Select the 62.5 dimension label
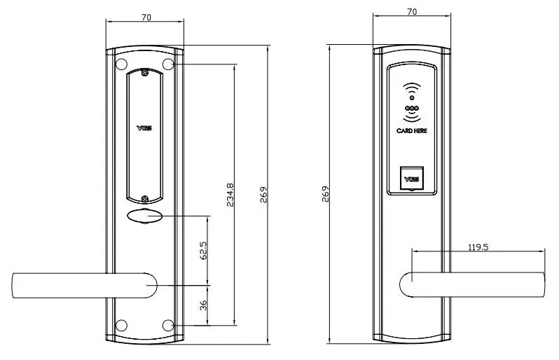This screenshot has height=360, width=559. (203, 251)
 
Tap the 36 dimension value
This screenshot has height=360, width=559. (203, 305)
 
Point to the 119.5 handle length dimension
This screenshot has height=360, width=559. (478, 247)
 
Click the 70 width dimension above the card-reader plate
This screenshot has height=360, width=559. (412, 11)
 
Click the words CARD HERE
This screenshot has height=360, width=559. (412, 130)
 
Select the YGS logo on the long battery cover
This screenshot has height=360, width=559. (145, 130)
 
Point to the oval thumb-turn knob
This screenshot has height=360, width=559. (145, 216)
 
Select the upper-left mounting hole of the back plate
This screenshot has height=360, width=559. (121, 64)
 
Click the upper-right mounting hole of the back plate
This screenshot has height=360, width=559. (168, 64)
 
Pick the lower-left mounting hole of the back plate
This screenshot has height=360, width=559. (121, 325)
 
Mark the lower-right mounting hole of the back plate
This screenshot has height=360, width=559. (168, 325)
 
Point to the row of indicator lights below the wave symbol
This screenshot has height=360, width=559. (412, 109)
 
